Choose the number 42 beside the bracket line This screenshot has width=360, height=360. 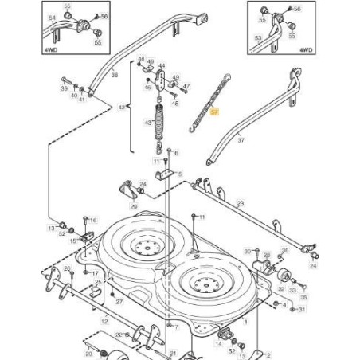[122, 107]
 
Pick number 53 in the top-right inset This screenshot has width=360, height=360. [256, 38]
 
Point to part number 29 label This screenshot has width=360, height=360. [133, 205]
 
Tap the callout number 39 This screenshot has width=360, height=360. [64, 90]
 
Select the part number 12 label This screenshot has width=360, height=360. [104, 321]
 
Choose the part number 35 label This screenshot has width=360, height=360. [303, 295]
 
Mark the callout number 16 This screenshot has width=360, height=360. [92, 220]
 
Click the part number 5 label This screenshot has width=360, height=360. [180, 174]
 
